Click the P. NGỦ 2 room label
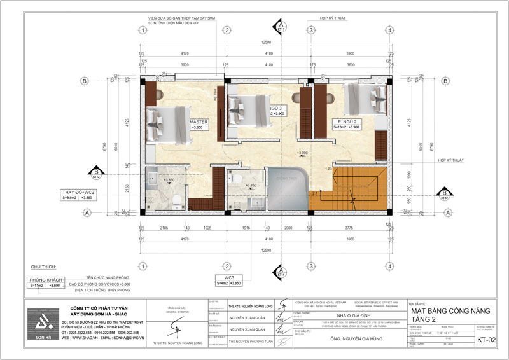[349, 120]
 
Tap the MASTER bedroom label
[200, 122]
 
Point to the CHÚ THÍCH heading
[40, 268]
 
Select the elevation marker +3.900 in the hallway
[302, 153]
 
